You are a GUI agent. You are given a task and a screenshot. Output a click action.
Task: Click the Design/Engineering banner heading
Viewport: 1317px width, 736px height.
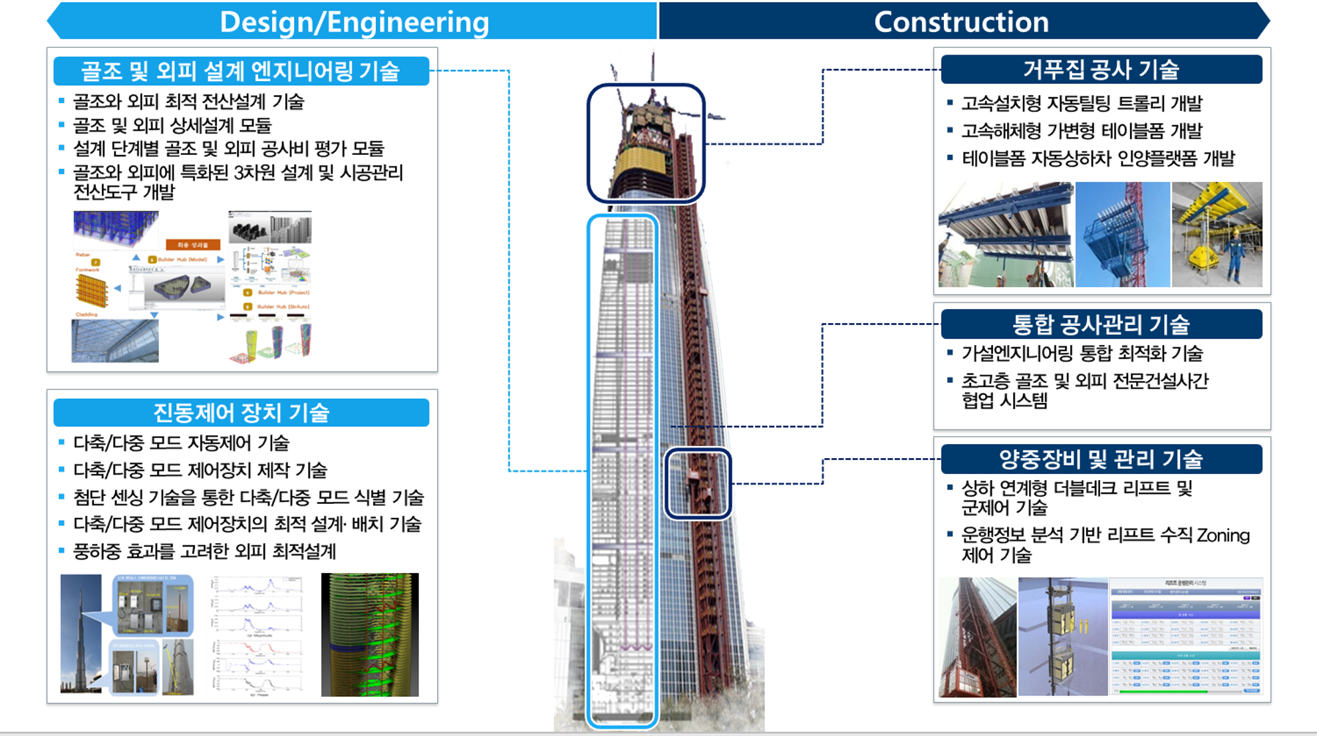(x=354, y=22)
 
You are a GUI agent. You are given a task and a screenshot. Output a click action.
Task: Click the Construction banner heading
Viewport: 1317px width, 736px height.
(x=961, y=22)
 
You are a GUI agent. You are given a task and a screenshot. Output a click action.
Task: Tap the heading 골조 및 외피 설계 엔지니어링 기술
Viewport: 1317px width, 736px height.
(x=240, y=71)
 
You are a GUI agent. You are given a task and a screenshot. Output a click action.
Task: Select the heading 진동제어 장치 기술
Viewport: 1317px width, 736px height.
(x=241, y=413)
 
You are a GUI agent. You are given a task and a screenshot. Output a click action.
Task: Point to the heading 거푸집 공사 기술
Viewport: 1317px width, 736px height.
(x=1101, y=69)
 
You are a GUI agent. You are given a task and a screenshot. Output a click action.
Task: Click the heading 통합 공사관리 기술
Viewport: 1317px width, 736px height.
(x=1101, y=324)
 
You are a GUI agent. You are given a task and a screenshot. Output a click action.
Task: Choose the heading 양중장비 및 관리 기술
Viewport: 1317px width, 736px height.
(x=1101, y=459)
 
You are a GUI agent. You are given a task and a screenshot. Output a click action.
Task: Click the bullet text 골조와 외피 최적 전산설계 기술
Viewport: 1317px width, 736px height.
(x=188, y=102)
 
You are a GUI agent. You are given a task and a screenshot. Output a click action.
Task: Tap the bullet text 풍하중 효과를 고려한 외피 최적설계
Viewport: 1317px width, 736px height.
(x=205, y=551)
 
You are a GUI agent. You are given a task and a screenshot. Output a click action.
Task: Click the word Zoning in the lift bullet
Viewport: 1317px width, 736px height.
(x=1223, y=535)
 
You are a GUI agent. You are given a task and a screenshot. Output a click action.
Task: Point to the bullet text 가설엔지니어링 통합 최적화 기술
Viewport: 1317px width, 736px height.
(x=1082, y=353)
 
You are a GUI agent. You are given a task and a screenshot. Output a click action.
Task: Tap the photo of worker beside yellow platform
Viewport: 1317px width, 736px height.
(x=1217, y=234)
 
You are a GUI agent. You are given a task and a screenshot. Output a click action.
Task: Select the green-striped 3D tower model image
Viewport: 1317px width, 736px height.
(x=370, y=634)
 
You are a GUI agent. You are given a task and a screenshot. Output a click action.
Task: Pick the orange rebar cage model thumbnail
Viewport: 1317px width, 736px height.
(x=91, y=291)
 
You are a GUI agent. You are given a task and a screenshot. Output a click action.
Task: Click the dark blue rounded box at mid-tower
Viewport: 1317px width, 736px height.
(x=698, y=483)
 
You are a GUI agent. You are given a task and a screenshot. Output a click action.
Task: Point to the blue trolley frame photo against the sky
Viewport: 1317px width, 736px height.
(x=1122, y=234)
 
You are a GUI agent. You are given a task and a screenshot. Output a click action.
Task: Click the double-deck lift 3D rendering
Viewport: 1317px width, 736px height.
(x=1062, y=636)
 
